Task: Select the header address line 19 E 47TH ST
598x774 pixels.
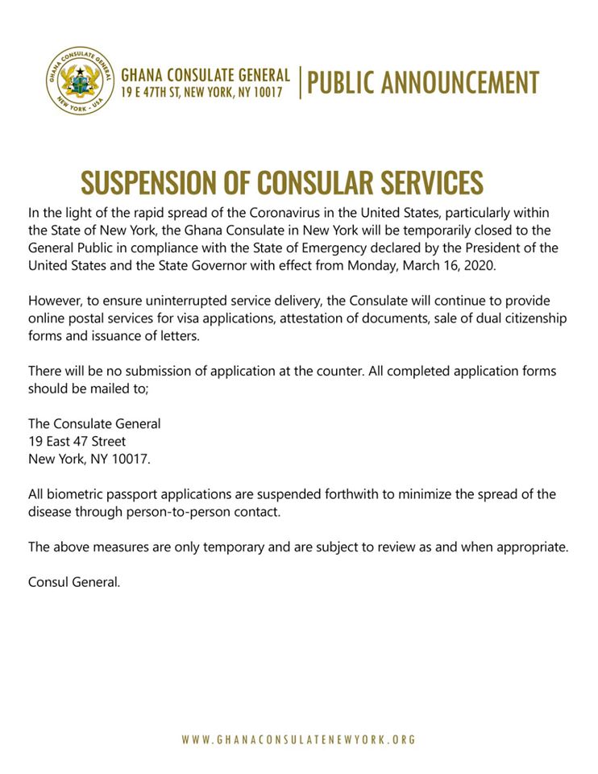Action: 201,94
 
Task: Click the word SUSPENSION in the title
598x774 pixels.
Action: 153,184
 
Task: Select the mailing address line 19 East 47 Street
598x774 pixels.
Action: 77,441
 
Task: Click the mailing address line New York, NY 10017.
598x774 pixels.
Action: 89,458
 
